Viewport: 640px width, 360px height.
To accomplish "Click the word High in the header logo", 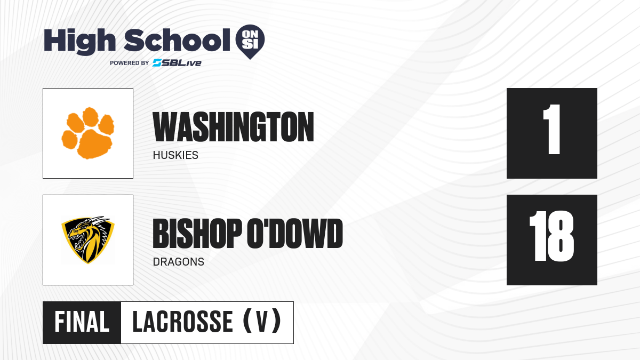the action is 79,42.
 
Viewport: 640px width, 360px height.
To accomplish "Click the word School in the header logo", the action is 177,40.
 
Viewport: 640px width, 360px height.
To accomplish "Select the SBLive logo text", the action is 177,62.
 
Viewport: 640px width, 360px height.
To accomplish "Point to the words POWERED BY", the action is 130,63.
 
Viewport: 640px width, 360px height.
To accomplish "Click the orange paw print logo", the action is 88,133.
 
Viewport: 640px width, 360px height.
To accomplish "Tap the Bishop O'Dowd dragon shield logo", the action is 88,240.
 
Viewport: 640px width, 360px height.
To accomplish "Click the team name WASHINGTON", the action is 233,127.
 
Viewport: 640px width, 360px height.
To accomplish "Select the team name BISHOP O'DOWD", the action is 247,234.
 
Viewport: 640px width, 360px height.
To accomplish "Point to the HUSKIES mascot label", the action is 175,155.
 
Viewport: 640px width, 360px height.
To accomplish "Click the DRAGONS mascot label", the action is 179,262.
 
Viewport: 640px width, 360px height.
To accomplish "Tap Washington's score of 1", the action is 552,129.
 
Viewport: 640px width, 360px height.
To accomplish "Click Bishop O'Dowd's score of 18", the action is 551,236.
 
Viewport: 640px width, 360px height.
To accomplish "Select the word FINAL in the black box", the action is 82,322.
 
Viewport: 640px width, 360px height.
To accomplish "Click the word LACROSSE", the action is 183,322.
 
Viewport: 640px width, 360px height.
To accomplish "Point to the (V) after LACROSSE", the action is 262,321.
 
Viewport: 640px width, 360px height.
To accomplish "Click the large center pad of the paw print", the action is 95,144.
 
